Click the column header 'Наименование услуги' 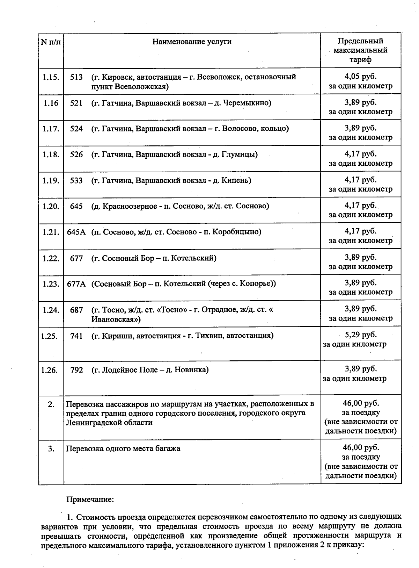coord(192,42)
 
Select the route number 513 coord(76,77)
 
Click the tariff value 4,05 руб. coord(360,77)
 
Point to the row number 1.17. coord(51,129)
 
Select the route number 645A coord(76,232)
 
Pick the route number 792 coord(77,370)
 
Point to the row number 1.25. coord(49,336)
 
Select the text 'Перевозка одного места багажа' coord(123,448)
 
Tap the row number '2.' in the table coord(51,404)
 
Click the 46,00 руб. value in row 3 coord(361,448)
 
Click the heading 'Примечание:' coord(90,499)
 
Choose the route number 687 coord(76,310)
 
